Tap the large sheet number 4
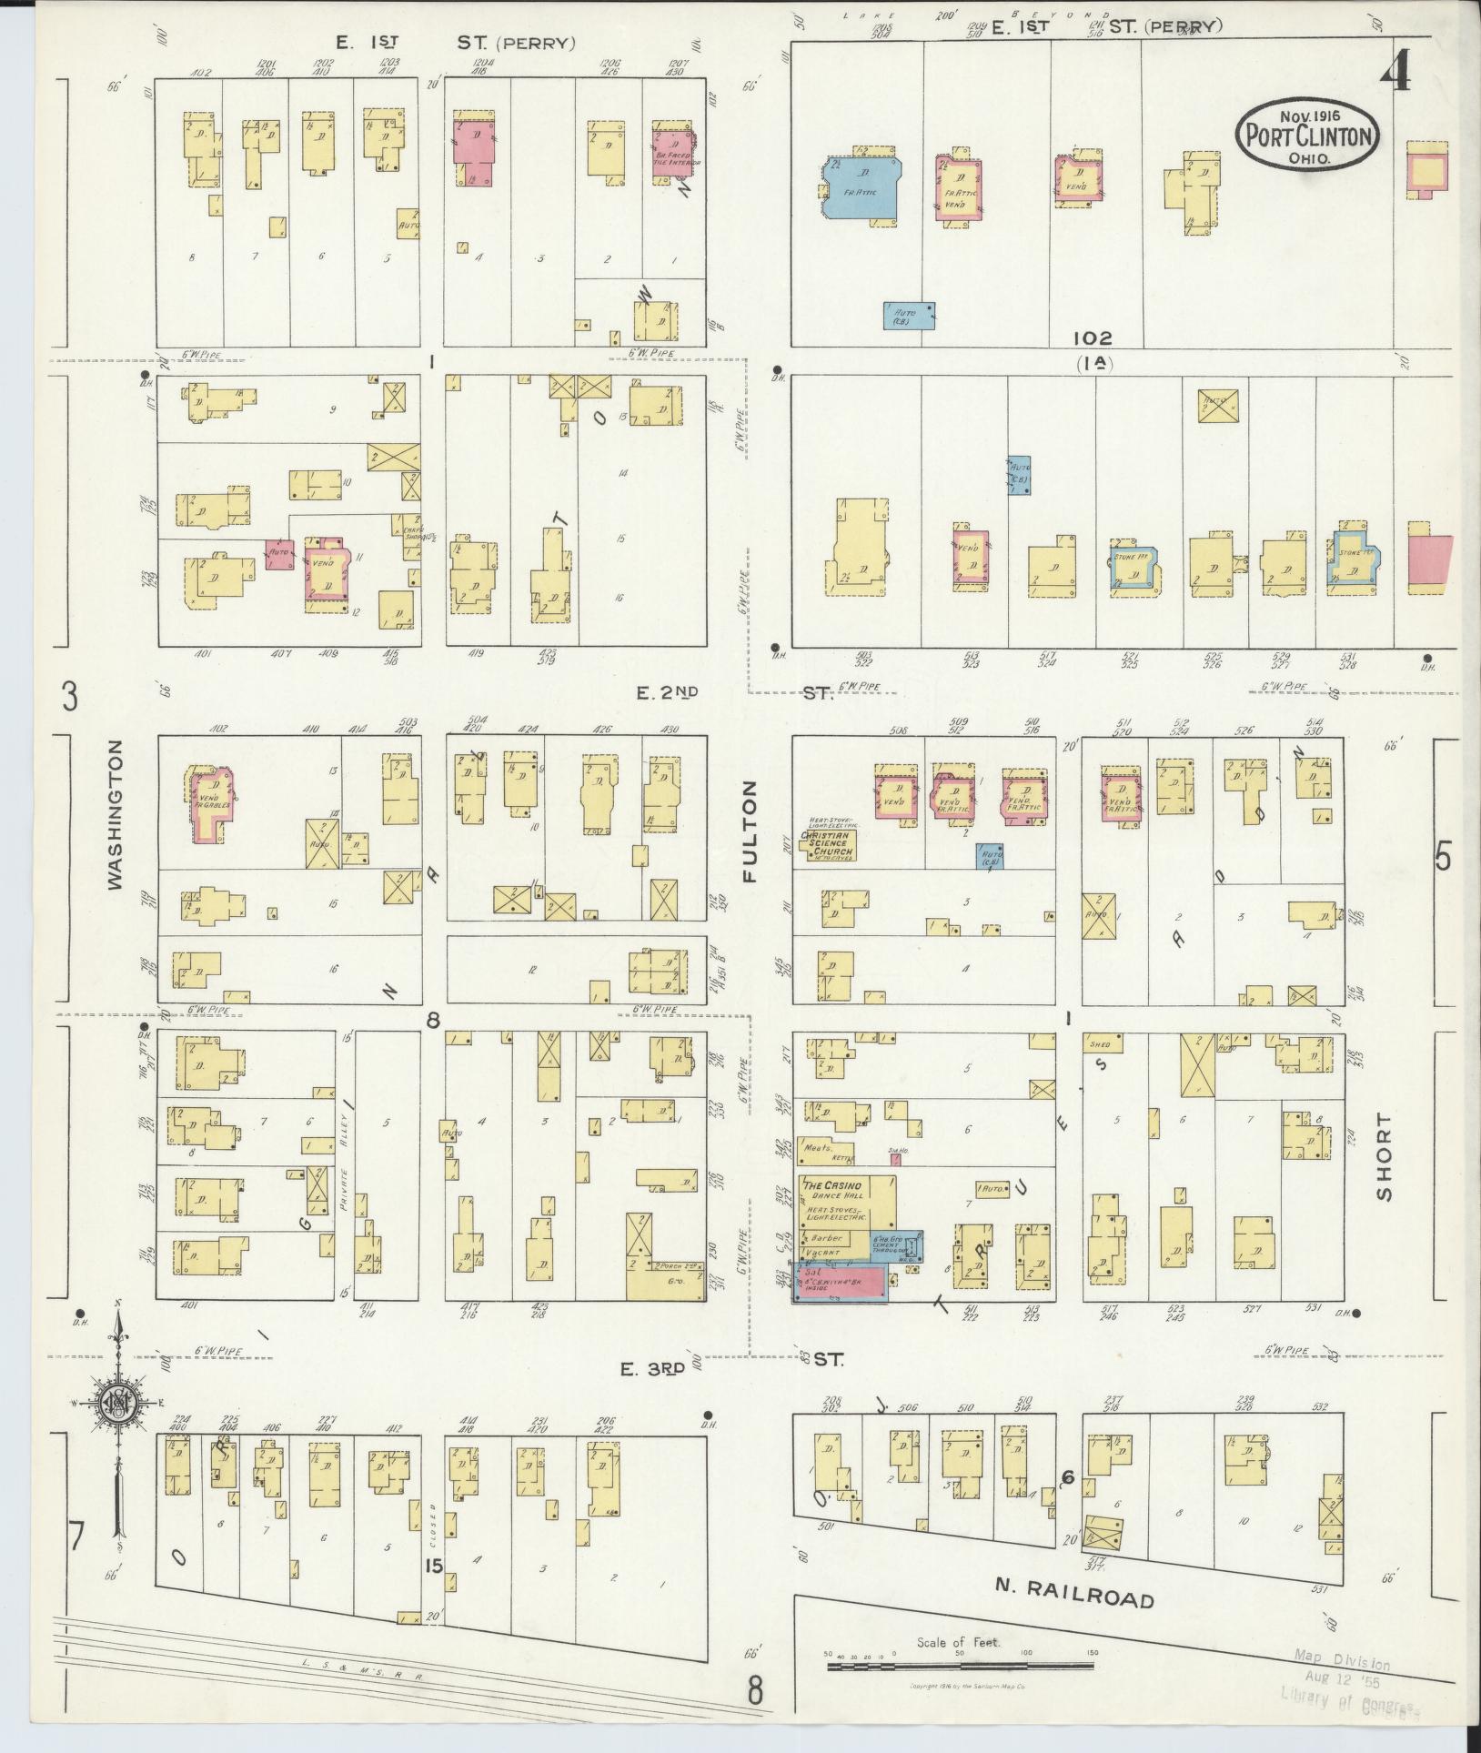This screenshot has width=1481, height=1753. [x=1395, y=70]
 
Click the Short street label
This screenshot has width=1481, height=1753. [x=1384, y=1155]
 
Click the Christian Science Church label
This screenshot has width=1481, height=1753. [x=826, y=841]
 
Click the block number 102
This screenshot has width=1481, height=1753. [x=1092, y=338]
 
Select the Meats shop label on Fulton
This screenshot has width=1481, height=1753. [x=821, y=1148]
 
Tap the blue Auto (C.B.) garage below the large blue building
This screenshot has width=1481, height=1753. [x=909, y=315]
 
